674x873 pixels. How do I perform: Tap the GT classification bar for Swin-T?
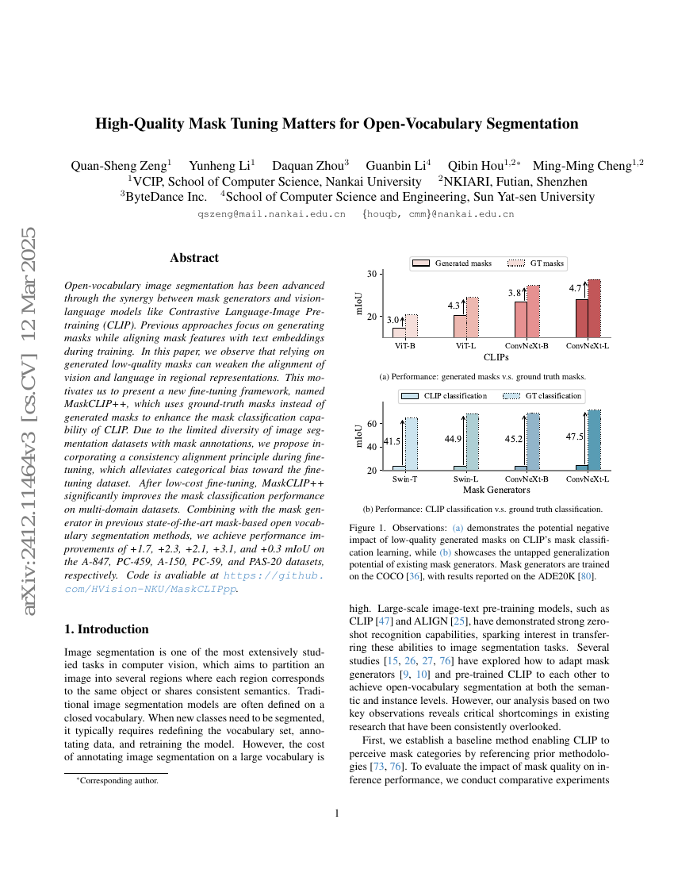click(x=411, y=444)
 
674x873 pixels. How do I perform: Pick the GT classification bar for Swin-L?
click(x=472, y=442)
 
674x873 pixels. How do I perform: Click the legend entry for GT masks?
click(x=536, y=263)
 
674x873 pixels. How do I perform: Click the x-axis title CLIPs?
click(x=496, y=357)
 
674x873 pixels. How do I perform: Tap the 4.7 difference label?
click(x=576, y=289)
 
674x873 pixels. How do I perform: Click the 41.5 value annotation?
click(x=392, y=441)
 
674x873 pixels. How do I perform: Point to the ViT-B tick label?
click(x=405, y=346)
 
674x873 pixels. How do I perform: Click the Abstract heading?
click(x=194, y=258)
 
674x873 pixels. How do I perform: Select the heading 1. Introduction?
click(x=106, y=629)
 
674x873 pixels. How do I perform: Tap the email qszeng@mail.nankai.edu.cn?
click(x=271, y=214)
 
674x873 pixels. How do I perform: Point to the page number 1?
click(x=337, y=813)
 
